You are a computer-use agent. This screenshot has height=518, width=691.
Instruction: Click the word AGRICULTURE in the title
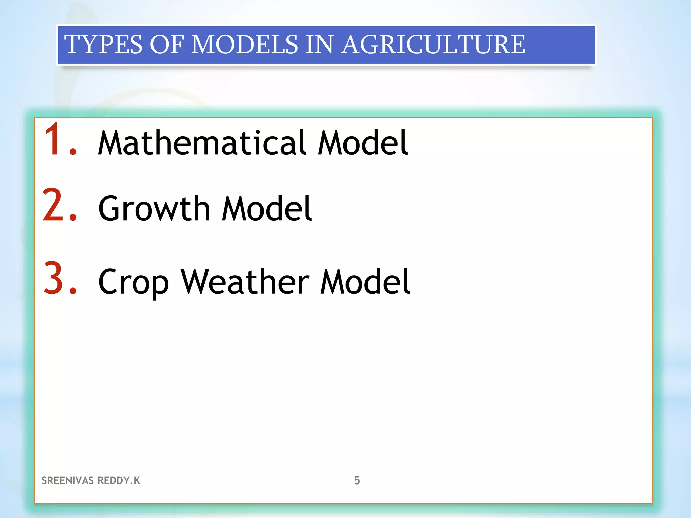[433, 45]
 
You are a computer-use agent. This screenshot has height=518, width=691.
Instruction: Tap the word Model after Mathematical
[363, 143]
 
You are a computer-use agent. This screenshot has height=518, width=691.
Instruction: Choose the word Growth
[154, 209]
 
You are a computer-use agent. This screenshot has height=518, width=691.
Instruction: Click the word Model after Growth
[267, 209]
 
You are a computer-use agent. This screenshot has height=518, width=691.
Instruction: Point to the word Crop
[133, 282]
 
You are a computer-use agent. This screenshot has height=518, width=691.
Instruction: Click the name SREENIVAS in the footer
[67, 480]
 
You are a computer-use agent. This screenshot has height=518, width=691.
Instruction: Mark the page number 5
[357, 480]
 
